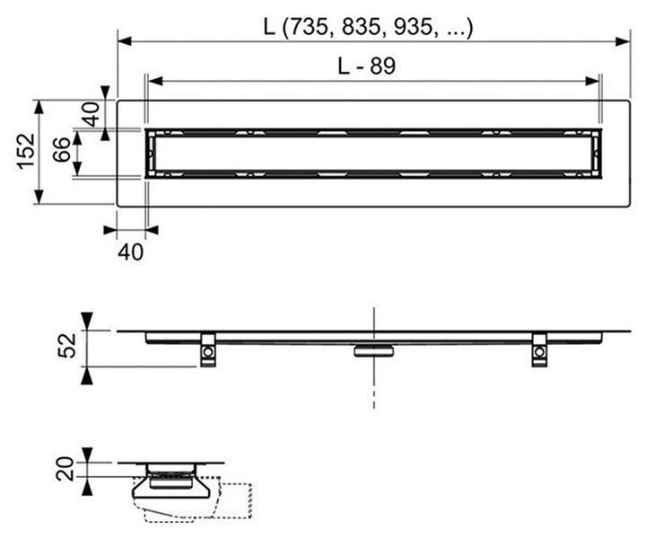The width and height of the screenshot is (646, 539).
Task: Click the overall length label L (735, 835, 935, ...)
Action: click(368, 27)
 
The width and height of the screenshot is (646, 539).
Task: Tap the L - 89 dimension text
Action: click(366, 66)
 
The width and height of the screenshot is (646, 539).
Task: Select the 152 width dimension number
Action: click(26, 151)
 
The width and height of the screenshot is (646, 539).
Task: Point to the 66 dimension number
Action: click(62, 149)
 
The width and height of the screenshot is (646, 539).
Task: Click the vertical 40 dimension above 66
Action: click(91, 114)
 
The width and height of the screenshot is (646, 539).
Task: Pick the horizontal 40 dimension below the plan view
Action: click(131, 252)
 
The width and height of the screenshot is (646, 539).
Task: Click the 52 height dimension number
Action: click(66, 345)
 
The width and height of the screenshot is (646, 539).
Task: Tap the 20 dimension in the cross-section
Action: click(65, 469)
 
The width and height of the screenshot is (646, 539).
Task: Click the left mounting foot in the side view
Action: click(207, 349)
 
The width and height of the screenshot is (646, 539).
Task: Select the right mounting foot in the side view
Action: click(539, 349)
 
